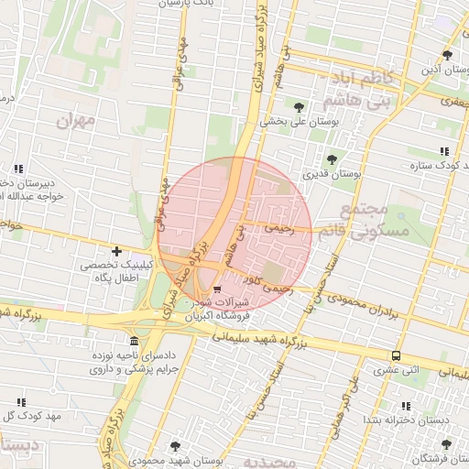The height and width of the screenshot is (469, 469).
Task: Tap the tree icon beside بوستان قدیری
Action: [332, 159]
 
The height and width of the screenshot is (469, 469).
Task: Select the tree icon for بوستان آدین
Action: [446, 55]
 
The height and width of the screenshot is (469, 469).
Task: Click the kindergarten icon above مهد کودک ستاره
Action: [444, 151]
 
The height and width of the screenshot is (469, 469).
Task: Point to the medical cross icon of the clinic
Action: [116, 251]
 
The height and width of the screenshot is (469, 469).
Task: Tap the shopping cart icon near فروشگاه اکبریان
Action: [216, 289]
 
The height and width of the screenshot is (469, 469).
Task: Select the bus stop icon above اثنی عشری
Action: [396, 355]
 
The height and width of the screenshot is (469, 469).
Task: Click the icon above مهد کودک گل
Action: [20, 402]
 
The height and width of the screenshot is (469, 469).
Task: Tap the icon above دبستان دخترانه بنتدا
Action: [407, 406]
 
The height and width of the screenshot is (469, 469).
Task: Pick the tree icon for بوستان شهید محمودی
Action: [175, 446]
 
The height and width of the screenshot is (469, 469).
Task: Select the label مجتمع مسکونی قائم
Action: [394, 221]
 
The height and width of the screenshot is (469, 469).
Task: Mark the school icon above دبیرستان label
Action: [19, 169]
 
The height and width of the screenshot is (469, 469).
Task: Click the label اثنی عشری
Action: [395, 370]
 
